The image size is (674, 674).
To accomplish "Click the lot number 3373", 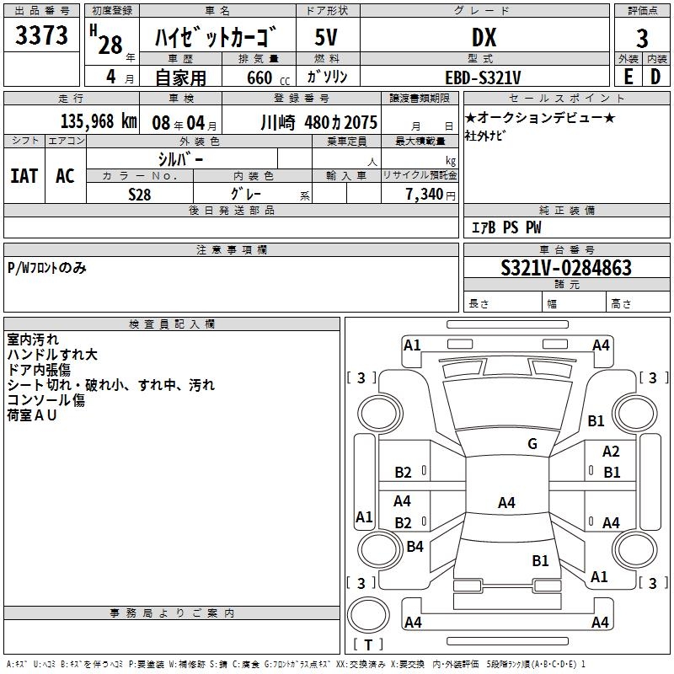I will click(x=42, y=36).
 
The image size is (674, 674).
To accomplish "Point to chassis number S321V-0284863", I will click(x=565, y=268).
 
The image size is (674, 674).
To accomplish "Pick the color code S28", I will click(x=140, y=195).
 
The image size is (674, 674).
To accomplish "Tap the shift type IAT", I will click(x=24, y=176).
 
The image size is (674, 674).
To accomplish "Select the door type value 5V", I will click(x=327, y=37).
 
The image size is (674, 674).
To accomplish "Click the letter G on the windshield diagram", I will click(x=532, y=444).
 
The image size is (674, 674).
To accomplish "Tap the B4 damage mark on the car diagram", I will click(x=415, y=547).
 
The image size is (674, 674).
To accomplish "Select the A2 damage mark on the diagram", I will click(x=611, y=452).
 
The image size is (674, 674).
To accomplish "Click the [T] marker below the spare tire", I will click(x=367, y=645).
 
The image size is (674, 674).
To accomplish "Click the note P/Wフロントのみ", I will click(x=46, y=268).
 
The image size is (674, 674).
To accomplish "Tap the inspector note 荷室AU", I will click(x=31, y=415).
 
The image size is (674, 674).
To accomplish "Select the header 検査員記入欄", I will click(x=172, y=324).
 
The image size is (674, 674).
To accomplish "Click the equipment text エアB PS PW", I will click(x=505, y=227).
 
